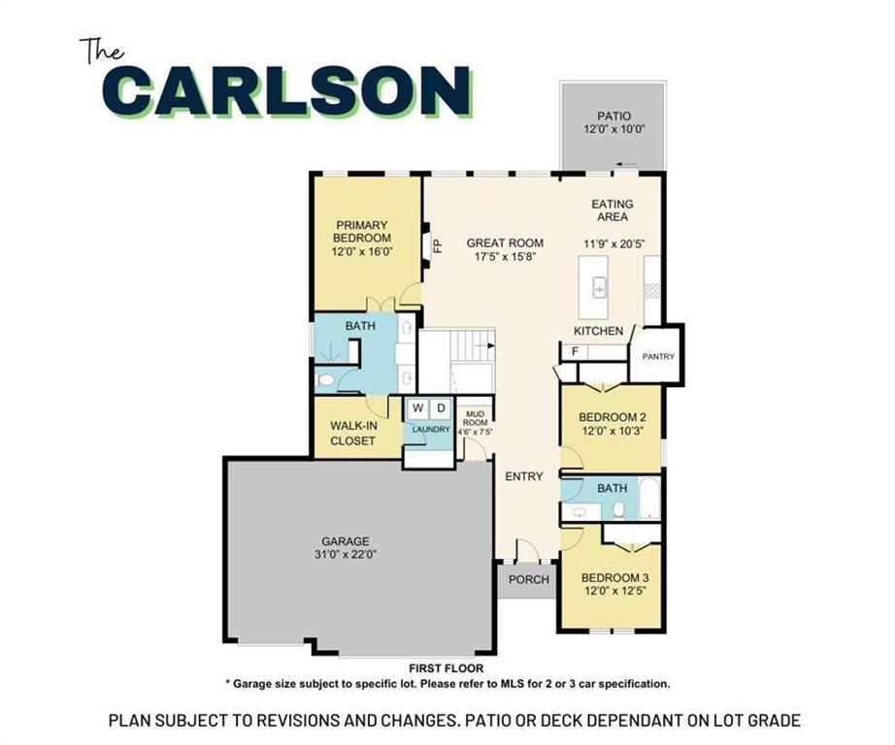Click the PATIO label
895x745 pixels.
click(614, 116)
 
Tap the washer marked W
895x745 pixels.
click(418, 408)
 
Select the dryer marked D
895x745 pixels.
click(441, 408)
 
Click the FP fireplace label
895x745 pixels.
click(438, 245)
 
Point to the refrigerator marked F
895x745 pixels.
click(576, 352)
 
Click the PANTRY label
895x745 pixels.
click(658, 357)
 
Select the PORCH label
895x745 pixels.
click(528, 579)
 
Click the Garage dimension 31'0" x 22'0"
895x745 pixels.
click(346, 555)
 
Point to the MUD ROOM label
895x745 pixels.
click(476, 418)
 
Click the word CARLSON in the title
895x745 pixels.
click(288, 91)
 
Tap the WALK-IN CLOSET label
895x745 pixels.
click(352, 433)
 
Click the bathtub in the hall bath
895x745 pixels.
click(649, 499)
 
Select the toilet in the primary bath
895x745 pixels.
click(326, 380)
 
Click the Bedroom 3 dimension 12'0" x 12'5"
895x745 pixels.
click(614, 591)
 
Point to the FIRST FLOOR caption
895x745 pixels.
click(447, 668)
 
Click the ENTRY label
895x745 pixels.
click(524, 476)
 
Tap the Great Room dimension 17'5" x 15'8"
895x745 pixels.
click(505, 257)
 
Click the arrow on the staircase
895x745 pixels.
click(486, 345)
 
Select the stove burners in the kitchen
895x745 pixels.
click(652, 291)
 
